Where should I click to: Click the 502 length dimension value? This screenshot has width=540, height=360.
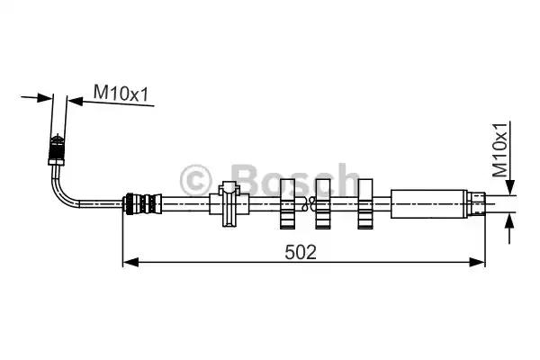tap(301, 252)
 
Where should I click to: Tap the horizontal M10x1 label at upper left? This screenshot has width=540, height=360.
tap(121, 93)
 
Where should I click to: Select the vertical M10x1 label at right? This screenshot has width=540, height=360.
tap(500, 149)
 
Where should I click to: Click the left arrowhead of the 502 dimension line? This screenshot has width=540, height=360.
tap(130, 262)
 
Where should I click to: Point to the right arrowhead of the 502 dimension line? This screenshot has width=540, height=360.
tap(477, 262)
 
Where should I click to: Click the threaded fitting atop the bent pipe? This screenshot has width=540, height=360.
tap(57, 150)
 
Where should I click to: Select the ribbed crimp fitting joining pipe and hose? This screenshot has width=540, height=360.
tap(143, 204)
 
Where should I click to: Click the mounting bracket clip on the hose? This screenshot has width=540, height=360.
tap(229, 204)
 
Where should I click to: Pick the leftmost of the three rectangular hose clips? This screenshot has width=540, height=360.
tap(287, 204)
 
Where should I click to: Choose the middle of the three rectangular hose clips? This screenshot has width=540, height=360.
tap(323, 204)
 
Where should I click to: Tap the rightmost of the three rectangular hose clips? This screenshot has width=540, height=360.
tap(365, 204)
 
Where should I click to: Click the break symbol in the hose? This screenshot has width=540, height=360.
tap(307, 203)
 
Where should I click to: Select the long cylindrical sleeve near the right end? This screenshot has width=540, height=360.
tap(428, 204)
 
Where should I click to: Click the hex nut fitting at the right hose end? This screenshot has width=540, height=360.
tap(476, 204)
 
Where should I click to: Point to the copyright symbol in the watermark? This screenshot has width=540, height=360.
tap(195, 180)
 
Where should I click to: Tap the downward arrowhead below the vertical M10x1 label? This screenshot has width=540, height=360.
tap(510, 186)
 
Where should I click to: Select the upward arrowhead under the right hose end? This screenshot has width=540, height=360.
tap(509, 221)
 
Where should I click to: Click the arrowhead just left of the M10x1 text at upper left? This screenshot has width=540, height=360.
tap(75, 101)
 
